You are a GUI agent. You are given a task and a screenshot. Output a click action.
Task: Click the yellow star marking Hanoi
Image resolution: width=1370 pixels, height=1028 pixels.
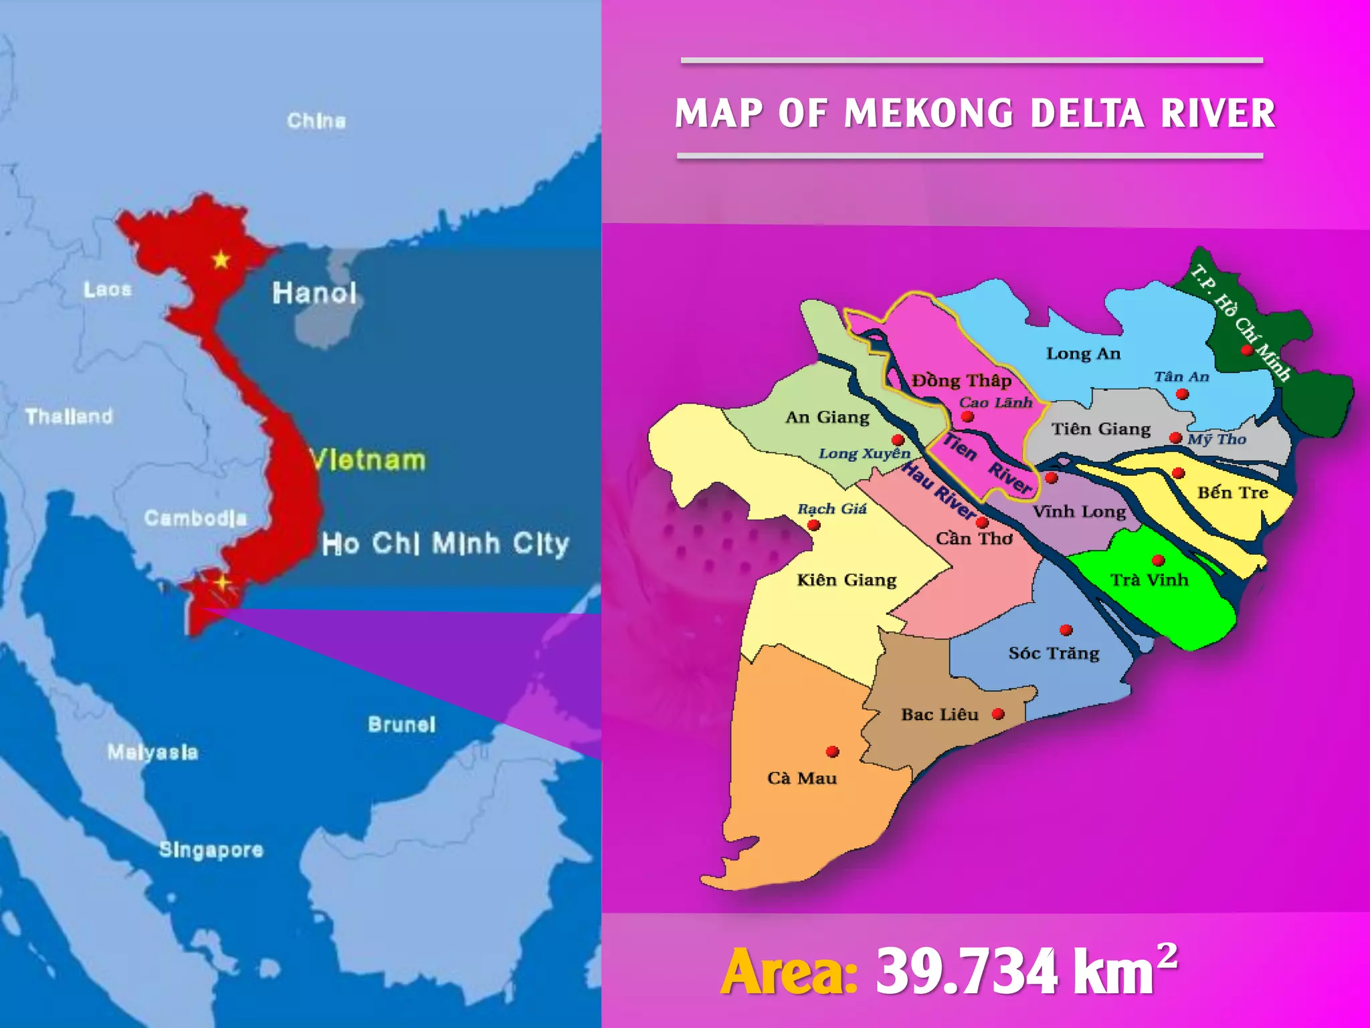[221, 259]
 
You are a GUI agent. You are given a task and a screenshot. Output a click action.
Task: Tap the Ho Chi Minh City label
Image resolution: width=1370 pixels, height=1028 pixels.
[445, 543]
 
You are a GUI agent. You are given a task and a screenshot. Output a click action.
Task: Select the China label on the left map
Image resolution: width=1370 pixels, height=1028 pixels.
[316, 120]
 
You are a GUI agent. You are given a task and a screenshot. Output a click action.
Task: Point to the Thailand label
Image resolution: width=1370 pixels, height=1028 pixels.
[69, 416]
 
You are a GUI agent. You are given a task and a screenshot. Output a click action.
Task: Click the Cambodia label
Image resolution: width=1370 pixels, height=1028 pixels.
[195, 517]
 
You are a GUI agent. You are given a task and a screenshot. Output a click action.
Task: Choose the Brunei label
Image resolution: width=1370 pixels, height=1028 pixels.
[401, 724]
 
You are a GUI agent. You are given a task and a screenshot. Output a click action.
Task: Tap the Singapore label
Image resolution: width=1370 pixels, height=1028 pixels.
[211, 849]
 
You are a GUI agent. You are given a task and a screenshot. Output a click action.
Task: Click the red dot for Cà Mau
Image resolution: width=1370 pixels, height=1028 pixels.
[832, 752]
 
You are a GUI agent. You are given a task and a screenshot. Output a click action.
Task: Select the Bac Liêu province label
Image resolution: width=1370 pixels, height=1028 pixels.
[939, 715]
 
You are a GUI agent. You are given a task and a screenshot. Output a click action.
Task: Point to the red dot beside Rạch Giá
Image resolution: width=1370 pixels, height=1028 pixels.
[814, 525]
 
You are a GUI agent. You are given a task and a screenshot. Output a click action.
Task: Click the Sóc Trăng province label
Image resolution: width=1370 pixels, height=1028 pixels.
[1054, 653]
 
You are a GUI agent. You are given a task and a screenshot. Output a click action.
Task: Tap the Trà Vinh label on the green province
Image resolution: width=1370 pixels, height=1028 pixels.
[1149, 580]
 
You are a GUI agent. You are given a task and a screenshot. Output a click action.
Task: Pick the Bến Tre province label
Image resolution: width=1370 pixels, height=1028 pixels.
[1232, 493]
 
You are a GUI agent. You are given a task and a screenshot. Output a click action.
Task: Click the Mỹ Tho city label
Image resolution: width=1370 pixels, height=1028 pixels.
[1217, 439]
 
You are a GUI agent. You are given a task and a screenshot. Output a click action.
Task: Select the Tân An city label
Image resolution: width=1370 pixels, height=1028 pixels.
[1181, 377]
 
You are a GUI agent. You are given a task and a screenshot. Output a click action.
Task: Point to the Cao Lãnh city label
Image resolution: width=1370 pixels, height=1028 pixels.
[995, 402]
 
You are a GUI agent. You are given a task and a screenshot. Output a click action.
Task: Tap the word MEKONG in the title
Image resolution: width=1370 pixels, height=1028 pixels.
[929, 113]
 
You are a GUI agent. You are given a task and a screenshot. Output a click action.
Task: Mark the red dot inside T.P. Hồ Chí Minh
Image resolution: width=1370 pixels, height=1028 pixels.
[1247, 350]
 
